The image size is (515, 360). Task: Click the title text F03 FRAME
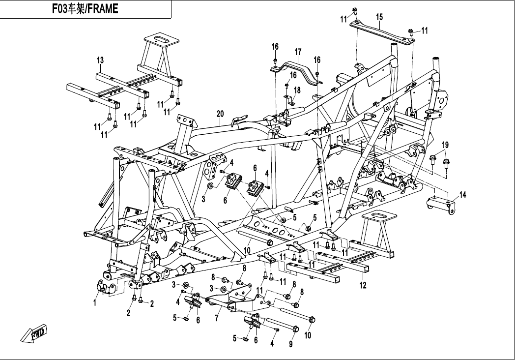(x=85, y=9)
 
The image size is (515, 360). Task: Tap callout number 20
(x=220, y=115)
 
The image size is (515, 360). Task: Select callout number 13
(x=100, y=60)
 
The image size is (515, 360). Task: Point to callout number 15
(x=379, y=17)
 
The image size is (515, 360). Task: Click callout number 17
(x=297, y=52)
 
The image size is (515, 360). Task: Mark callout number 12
(x=363, y=285)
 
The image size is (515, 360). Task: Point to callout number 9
(x=290, y=344)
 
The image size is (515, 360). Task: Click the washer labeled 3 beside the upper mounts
(x=210, y=186)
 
